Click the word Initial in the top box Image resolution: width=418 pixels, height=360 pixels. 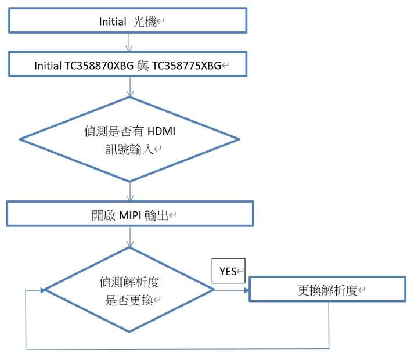point(113,21)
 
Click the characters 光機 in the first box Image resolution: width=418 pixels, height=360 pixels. point(144,21)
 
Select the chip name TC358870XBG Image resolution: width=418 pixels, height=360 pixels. point(99,66)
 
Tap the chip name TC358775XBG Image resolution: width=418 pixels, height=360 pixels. point(186,66)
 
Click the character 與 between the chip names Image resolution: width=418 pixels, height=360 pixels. point(143,66)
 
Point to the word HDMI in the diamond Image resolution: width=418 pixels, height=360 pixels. point(161,131)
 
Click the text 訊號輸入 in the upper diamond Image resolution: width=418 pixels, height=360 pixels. point(129,149)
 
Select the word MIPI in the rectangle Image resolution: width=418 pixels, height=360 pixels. point(130,215)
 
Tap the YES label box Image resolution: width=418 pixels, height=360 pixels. point(228,271)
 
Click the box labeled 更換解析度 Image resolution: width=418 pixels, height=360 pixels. point(327,289)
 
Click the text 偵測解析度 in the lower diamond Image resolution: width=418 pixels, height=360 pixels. point(129,282)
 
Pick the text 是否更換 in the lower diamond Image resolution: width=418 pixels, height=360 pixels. point(129,300)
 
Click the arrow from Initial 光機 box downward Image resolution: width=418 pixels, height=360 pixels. point(129,42)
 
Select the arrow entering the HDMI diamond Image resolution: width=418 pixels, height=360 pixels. point(130,87)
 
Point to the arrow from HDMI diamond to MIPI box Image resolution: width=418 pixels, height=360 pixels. point(130,191)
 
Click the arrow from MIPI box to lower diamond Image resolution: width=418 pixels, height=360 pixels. point(130,236)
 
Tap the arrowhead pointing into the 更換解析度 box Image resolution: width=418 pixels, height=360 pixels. point(247,290)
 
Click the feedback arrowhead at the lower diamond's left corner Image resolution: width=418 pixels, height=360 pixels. point(43,290)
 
